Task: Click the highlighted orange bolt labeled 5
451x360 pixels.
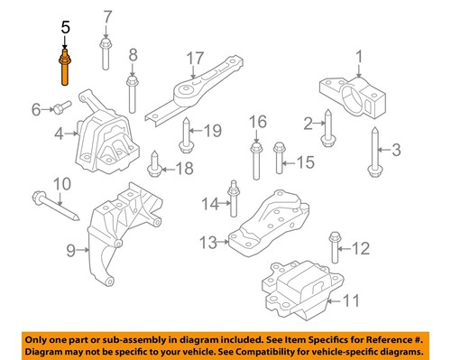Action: tap(66, 67)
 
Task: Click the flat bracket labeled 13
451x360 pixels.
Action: tap(271, 226)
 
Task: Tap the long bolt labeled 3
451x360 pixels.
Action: tap(373, 150)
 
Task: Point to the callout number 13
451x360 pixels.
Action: tap(207, 241)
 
